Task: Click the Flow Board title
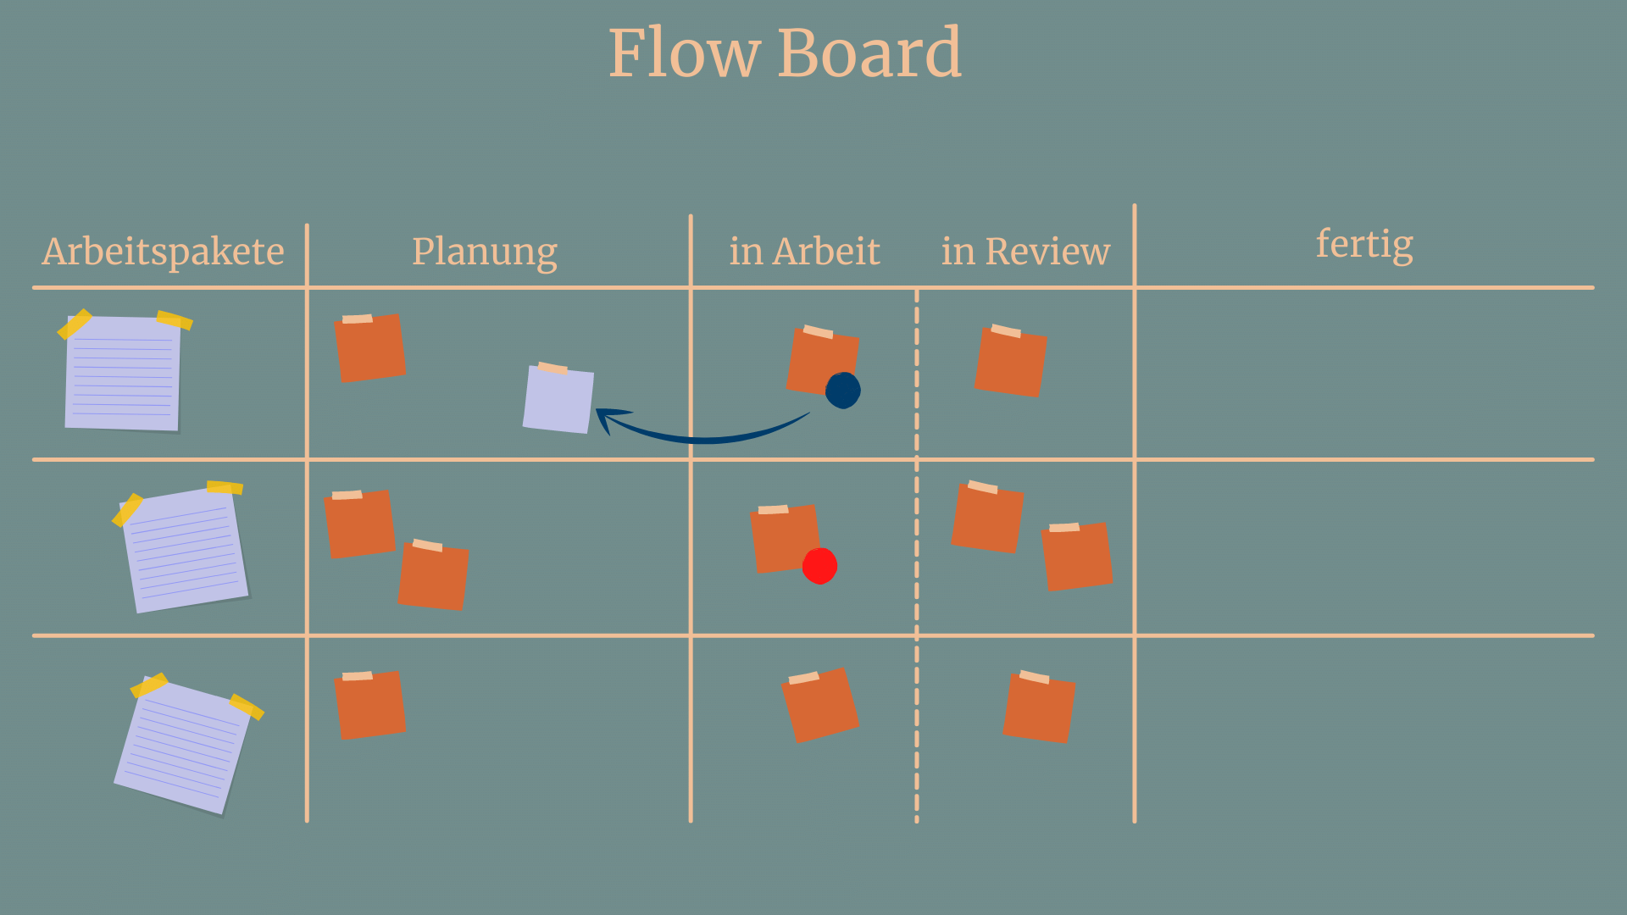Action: (x=785, y=53)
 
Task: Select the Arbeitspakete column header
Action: (x=164, y=252)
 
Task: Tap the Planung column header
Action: (x=485, y=252)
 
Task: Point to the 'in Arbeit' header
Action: (x=804, y=252)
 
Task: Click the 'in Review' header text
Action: (x=1025, y=252)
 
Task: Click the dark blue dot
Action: (x=843, y=391)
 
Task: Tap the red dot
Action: (x=819, y=566)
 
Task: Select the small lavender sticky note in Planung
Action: (x=558, y=399)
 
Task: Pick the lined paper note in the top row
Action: (x=123, y=373)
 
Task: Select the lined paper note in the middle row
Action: (x=186, y=549)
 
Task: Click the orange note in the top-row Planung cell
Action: (x=370, y=348)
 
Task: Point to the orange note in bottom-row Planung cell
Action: (x=370, y=705)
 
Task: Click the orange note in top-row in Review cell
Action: (x=1010, y=362)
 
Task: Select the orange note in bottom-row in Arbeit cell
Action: (x=819, y=705)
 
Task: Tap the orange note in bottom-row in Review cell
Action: (x=1039, y=707)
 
